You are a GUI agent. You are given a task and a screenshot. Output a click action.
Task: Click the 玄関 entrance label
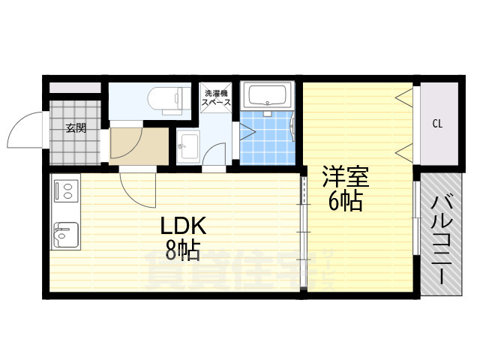tap(75, 127)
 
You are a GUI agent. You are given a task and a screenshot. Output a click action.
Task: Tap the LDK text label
tap(180, 227)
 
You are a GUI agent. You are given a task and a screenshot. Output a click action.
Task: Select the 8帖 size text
tap(181, 250)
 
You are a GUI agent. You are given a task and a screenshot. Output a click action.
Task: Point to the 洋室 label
tap(345, 178)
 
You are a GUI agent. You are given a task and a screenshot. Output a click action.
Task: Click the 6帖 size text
tap(345, 201)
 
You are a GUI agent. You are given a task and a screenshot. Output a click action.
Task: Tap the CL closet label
tap(436, 124)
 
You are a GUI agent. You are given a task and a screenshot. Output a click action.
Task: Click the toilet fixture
tap(167, 98)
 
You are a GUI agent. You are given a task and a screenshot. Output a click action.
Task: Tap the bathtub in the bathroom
tap(268, 96)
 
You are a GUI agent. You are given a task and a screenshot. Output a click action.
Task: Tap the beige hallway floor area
tap(139, 144)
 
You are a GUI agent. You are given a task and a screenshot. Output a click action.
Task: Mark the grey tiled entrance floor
tap(75, 146)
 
